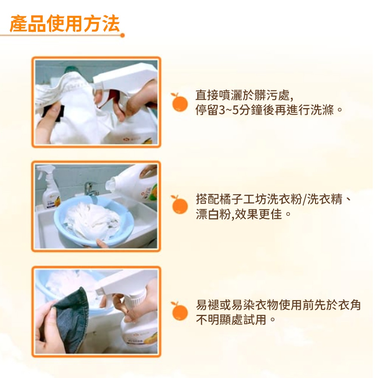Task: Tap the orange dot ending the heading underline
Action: pyautogui.click(x=122, y=36)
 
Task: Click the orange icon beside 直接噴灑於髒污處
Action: pyautogui.click(x=179, y=102)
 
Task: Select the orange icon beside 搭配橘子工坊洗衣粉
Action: pyautogui.click(x=179, y=204)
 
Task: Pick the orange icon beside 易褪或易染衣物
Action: pyautogui.click(x=179, y=311)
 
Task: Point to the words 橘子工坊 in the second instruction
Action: pyautogui.click(x=243, y=199)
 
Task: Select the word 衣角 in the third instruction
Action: pyautogui.click(x=349, y=305)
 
